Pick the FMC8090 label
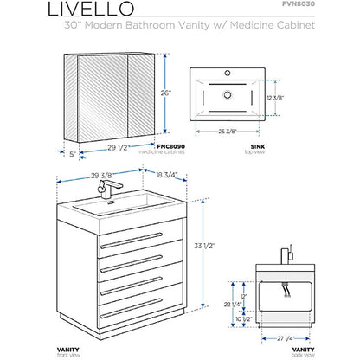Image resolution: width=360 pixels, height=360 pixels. (176, 149)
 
